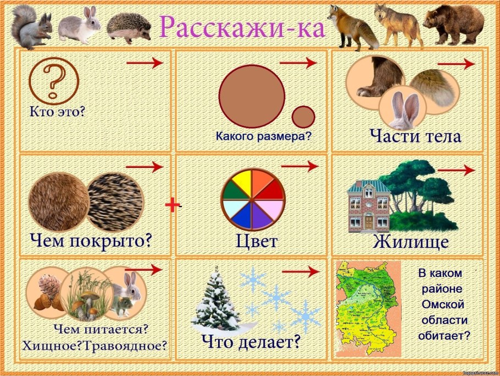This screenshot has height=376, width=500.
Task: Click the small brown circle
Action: [303, 117]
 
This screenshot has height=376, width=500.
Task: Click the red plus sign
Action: [173, 205]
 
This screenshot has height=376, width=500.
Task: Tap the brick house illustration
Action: [369, 207]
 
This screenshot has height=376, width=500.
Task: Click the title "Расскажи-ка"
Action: [241, 26]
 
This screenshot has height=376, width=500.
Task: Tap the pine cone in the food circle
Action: [48, 286]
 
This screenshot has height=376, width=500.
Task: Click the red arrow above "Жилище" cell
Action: [455, 171]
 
